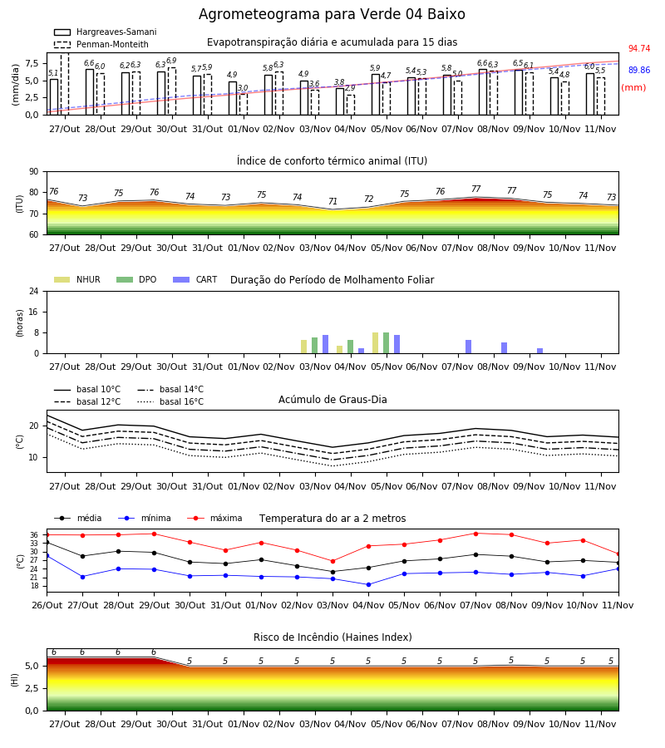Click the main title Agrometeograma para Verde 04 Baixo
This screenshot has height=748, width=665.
pos(332,14)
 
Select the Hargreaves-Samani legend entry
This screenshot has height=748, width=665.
pos(105,32)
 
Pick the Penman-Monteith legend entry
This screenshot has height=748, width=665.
pos(101,44)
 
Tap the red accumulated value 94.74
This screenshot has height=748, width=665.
pos(639,49)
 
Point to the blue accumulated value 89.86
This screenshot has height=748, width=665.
pos(639,70)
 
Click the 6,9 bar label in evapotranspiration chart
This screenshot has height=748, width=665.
pos(171,61)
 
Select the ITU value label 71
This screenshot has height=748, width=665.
pos(333,201)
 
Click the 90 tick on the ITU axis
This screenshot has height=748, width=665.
pos(34,172)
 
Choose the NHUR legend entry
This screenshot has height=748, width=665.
pos(76,279)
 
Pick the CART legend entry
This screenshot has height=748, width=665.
pos(195,279)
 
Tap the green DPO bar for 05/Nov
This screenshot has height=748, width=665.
pos(386,343)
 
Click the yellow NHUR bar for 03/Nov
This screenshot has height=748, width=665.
pos(304,347)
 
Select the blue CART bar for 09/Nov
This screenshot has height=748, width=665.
pos(540,351)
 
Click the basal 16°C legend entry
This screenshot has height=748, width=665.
pos(170,401)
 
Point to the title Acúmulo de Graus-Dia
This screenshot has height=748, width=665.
pos(332,400)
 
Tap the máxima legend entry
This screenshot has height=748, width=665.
pos(214,518)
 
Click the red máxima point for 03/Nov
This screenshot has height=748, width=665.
pos(333,561)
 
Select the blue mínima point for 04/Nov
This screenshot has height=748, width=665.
pos(369,584)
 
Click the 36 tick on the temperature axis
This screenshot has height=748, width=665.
pos(34,534)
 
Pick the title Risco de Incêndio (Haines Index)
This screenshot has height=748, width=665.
pos(332,637)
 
